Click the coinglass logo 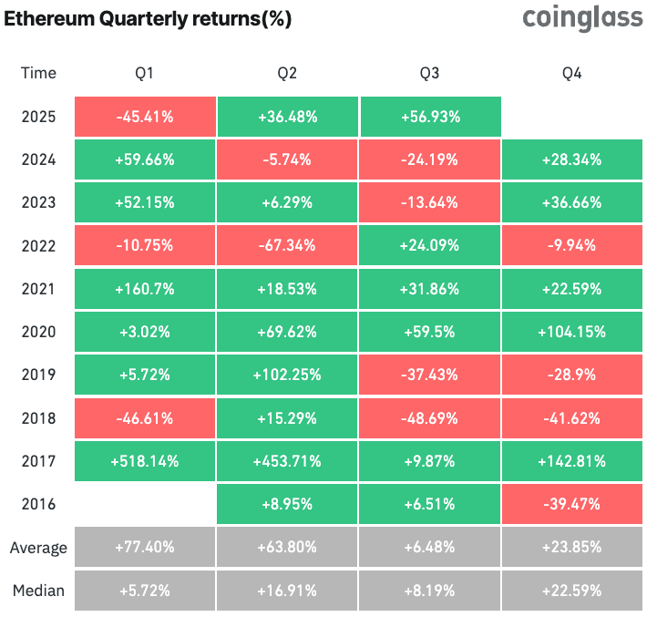click(582, 19)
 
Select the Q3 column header click(430, 73)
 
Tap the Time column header click(38, 73)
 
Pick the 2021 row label click(38, 289)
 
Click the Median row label click(38, 591)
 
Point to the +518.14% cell click(144, 461)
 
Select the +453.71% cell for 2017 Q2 click(288, 461)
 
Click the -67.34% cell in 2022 click(288, 246)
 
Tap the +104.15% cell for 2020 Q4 click(573, 333)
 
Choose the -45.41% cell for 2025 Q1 click(144, 117)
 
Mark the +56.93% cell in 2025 click(431, 117)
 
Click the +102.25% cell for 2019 click(288, 375)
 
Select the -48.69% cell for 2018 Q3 click(431, 418)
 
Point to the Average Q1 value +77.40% click(144, 548)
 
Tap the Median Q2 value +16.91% click(288, 591)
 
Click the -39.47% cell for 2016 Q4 click(573, 504)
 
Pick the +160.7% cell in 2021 click(144, 289)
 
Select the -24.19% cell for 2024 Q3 click(431, 159)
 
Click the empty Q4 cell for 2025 click(573, 117)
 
